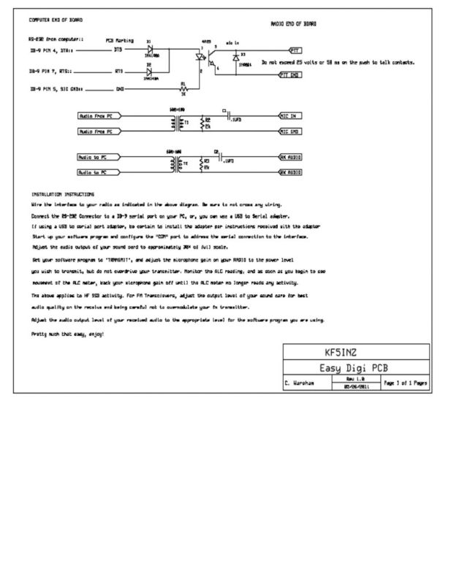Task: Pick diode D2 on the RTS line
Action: point(149,71)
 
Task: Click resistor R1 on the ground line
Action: point(183,88)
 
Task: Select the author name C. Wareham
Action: point(300,383)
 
